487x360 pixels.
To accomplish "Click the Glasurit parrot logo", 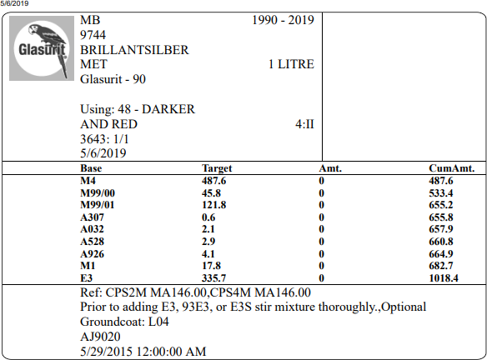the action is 42,48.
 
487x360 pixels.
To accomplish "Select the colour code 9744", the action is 93,35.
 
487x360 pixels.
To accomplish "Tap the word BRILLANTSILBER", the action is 134,50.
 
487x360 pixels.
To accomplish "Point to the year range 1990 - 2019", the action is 283,20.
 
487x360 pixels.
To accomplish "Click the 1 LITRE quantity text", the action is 291,64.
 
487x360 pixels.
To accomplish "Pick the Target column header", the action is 217,168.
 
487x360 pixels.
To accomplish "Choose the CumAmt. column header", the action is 452,168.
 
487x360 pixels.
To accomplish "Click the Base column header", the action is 91,168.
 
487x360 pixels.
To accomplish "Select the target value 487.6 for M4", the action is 214,181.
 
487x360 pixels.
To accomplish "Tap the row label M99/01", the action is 98,205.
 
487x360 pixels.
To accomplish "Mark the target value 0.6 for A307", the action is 208,217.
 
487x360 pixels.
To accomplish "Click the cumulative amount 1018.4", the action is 444,277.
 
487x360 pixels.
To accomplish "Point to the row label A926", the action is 92,254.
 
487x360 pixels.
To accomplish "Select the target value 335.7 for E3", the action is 214,277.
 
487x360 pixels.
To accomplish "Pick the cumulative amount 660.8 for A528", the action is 441,242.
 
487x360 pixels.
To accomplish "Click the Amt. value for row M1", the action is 321,266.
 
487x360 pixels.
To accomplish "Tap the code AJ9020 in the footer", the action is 100,337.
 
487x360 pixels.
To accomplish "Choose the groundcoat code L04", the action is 158,322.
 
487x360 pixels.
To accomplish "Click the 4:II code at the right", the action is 304,124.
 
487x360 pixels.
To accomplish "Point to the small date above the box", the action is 14,3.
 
